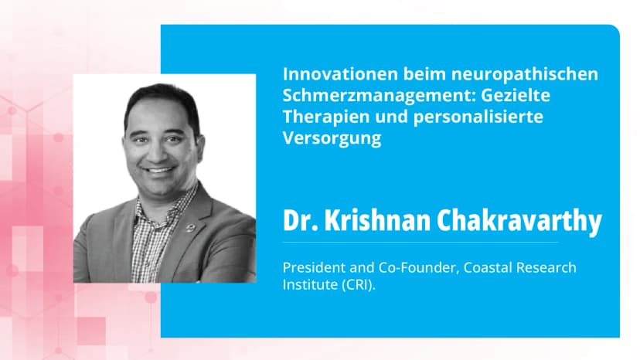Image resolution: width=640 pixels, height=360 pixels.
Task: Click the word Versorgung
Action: point(332,139)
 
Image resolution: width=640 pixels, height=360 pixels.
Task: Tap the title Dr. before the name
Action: point(298,222)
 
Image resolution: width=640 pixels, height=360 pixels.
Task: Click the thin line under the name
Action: point(421,243)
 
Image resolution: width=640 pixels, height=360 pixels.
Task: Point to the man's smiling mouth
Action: point(158,169)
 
